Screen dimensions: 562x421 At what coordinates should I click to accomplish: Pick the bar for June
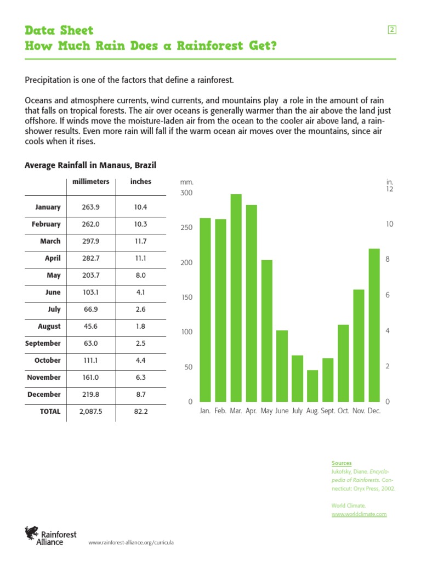coord(282,366)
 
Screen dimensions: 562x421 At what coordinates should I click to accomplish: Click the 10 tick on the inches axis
coord(389,224)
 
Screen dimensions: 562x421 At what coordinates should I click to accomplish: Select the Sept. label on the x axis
coord(328,411)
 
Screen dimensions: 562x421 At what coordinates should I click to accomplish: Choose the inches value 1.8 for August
coord(140,327)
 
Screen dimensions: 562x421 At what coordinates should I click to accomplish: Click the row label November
coord(44,378)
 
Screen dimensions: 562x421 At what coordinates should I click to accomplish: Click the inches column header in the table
coord(141,182)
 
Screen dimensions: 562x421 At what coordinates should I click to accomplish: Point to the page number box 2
coord(392,30)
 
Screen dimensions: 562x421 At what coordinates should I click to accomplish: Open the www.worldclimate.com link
coord(359,514)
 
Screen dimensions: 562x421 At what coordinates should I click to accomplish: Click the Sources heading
coord(341,463)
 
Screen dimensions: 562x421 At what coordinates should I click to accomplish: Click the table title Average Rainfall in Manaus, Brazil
coord(91,165)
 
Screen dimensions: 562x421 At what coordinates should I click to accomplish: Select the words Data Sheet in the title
coord(59,30)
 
